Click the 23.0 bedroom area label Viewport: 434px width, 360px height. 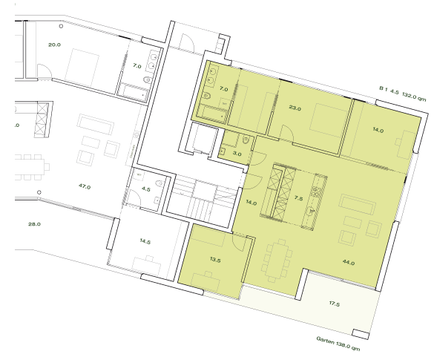coord(295,108)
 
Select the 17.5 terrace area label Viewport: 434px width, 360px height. coord(334,304)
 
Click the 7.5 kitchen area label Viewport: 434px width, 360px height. coord(298,199)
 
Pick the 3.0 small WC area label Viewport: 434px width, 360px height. coord(237,154)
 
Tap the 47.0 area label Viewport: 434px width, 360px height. coord(84,187)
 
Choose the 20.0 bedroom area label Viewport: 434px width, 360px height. coord(54,45)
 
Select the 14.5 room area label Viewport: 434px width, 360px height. coord(145,242)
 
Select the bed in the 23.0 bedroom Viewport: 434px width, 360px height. coord(319,119)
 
